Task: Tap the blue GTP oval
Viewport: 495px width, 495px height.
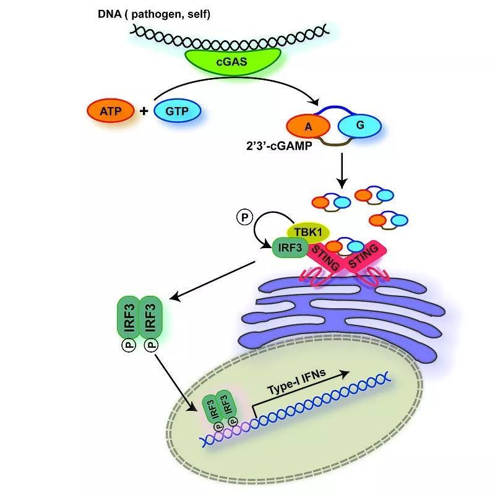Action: point(176,111)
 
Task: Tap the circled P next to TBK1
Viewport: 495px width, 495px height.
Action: point(245,217)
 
